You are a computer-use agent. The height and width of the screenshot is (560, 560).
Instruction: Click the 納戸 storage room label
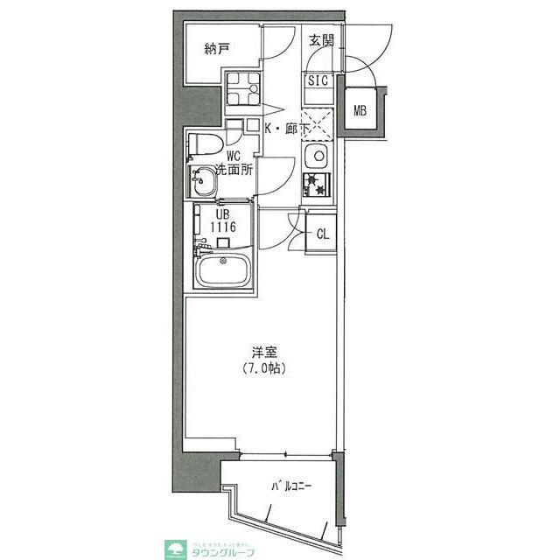pyautogui.click(x=217, y=49)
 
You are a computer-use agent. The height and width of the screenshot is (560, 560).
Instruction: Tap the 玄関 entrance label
pyautogui.click(x=321, y=40)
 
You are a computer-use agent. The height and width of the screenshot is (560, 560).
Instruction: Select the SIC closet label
pyautogui.click(x=317, y=80)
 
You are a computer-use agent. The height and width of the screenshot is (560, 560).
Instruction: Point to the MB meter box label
pyautogui.click(x=360, y=110)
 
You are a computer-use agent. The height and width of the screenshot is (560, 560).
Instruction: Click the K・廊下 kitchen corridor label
pyautogui.click(x=287, y=129)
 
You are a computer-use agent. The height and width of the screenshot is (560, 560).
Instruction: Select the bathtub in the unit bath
pyautogui.click(x=224, y=270)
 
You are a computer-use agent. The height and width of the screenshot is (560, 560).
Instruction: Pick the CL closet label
pyautogui.click(x=322, y=234)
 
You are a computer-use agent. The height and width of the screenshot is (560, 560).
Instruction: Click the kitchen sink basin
pyautogui.click(x=315, y=157)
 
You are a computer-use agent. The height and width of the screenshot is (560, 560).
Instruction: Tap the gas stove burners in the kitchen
pyautogui.click(x=315, y=185)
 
